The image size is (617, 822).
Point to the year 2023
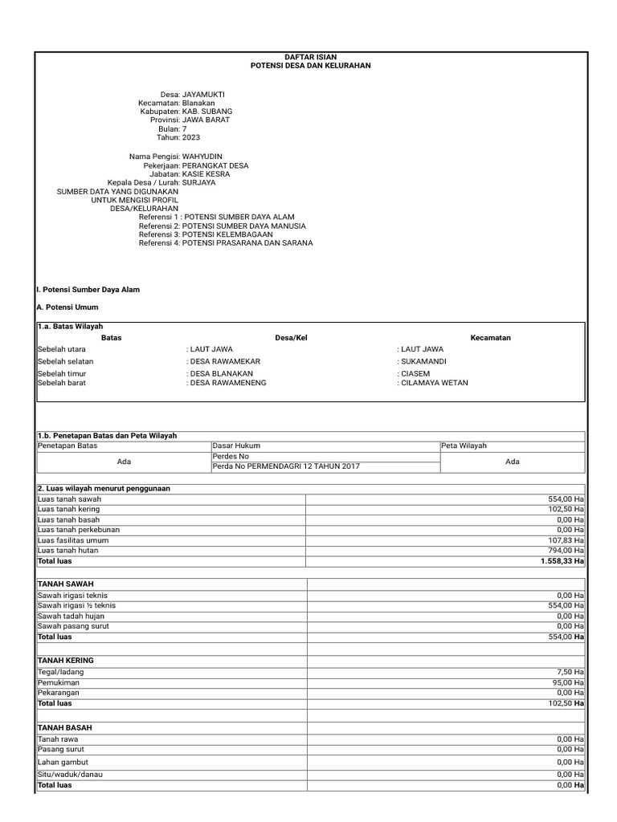(190, 137)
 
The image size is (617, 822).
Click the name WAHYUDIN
(202, 157)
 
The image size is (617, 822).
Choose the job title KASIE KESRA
(205, 174)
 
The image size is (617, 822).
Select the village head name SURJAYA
(199, 183)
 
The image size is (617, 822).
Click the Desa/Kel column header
(291, 338)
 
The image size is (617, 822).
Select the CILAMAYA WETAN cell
(432, 383)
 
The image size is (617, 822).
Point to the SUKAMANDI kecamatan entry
(423, 361)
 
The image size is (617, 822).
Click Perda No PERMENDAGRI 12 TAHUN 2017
(286, 466)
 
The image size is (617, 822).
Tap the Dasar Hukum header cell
(236, 446)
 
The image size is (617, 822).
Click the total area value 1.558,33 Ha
(562, 561)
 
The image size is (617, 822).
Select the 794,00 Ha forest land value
(566, 551)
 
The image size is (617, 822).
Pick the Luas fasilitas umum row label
(73, 540)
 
